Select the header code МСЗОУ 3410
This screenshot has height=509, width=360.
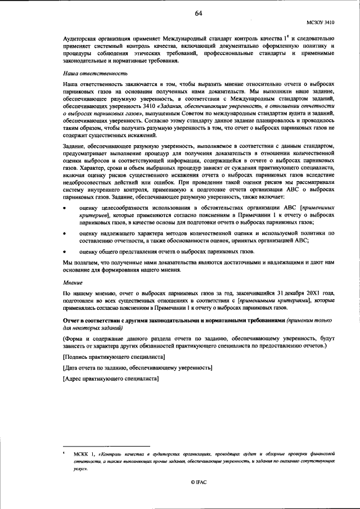coord(321,23)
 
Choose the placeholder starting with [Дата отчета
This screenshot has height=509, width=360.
coord(138,368)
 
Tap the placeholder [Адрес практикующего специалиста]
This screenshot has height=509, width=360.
coord(111,378)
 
